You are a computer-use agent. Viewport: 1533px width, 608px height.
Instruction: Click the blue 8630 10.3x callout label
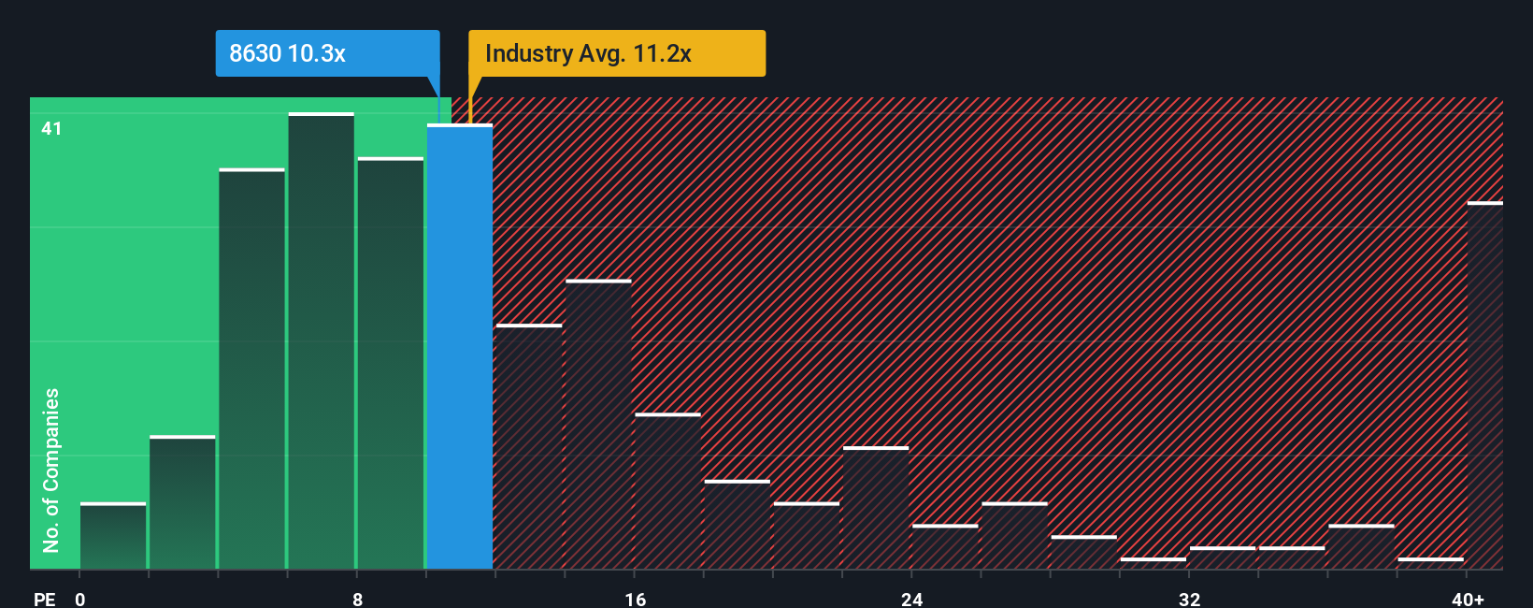click(x=327, y=53)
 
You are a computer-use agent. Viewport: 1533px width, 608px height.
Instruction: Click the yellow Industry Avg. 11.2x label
click(x=616, y=53)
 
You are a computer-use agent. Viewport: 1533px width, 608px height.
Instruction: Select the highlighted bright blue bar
click(x=460, y=346)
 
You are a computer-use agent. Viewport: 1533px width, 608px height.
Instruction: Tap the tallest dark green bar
click(x=322, y=341)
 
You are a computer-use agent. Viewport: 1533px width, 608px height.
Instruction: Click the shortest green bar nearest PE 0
click(x=113, y=536)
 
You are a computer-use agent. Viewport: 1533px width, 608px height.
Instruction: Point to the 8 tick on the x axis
click(x=358, y=599)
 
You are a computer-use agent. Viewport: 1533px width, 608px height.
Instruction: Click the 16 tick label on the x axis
click(x=635, y=599)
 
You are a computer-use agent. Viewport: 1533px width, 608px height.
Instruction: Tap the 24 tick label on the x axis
click(x=911, y=599)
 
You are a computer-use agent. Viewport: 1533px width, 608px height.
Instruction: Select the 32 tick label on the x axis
click(x=1189, y=599)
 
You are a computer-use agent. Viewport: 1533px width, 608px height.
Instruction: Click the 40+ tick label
click(x=1468, y=599)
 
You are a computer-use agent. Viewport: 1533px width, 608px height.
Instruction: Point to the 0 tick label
click(x=80, y=599)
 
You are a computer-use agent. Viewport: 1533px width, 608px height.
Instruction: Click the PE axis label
click(x=44, y=599)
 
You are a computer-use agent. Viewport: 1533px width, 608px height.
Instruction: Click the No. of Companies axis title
click(x=51, y=470)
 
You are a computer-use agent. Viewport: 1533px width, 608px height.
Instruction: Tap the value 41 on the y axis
click(x=51, y=128)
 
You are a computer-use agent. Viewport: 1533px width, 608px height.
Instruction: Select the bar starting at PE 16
click(x=667, y=491)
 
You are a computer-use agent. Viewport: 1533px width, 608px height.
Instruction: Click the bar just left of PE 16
click(x=598, y=425)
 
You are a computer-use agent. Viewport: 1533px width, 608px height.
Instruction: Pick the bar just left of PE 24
click(x=876, y=508)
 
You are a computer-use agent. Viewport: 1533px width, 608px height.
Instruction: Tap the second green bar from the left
click(x=182, y=502)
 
